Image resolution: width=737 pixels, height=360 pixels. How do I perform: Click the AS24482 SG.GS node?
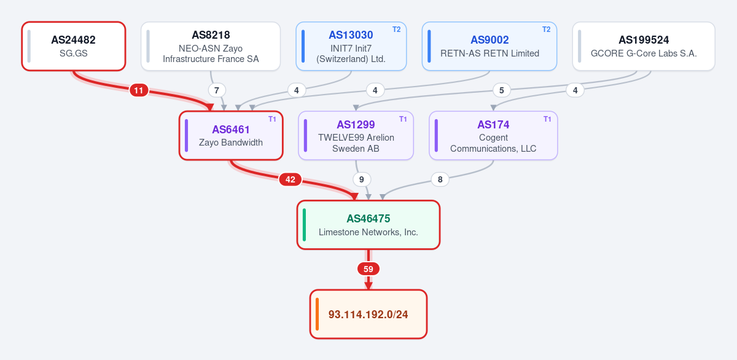(x=74, y=46)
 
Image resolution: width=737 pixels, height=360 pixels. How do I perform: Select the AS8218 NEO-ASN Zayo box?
(x=211, y=46)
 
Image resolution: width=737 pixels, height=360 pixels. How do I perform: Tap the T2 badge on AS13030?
(x=397, y=29)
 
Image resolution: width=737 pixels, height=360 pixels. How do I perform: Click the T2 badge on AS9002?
(x=546, y=29)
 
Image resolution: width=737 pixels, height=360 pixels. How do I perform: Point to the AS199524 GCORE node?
(x=644, y=46)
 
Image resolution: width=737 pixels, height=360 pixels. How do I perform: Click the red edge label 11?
(x=139, y=90)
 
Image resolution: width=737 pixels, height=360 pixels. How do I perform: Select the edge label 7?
(x=216, y=90)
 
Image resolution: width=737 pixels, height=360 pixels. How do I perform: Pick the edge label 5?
(x=501, y=90)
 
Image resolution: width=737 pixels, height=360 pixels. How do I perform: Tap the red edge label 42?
(x=290, y=179)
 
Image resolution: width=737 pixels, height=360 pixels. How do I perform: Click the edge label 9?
(x=362, y=179)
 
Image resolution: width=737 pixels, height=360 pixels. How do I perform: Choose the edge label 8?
(x=440, y=179)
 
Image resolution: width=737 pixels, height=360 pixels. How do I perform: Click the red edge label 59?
(x=368, y=269)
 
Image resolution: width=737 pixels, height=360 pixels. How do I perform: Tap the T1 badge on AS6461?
(x=272, y=119)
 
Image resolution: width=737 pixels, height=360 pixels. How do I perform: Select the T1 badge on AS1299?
(x=403, y=119)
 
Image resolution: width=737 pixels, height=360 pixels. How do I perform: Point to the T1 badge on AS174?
(x=547, y=119)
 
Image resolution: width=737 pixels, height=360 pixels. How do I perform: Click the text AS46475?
(x=368, y=219)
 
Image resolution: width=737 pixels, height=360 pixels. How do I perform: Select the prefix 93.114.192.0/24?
(x=368, y=315)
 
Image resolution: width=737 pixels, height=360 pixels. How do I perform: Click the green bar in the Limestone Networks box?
(x=305, y=225)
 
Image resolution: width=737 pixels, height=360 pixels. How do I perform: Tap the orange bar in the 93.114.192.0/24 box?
(x=317, y=315)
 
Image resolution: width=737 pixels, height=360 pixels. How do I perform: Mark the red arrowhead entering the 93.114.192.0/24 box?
(x=368, y=286)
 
